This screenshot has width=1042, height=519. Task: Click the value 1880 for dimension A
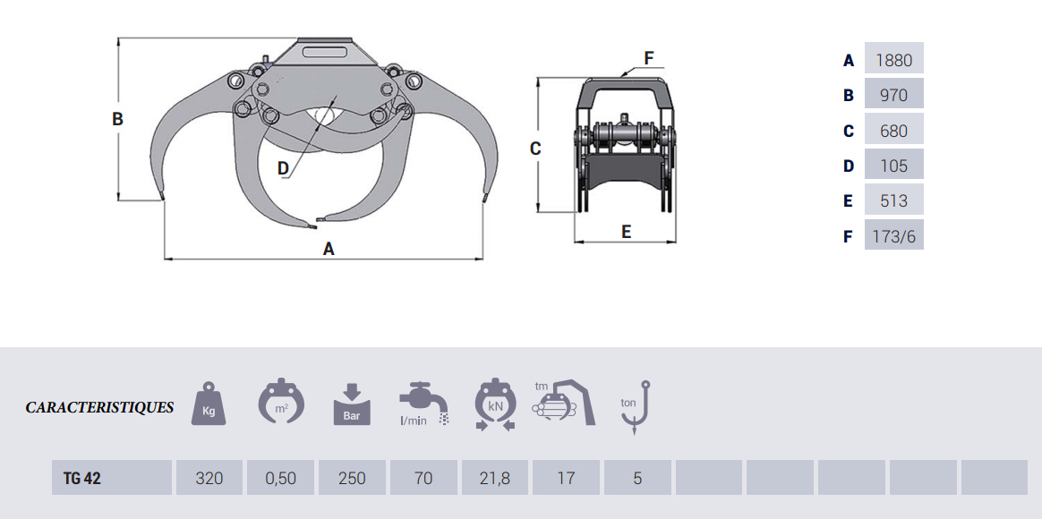click(893, 61)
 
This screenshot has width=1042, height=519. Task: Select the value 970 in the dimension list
click(893, 96)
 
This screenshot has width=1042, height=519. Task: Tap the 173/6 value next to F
click(893, 236)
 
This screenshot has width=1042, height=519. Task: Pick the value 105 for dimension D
click(893, 166)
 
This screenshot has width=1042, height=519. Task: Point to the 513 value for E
click(893, 201)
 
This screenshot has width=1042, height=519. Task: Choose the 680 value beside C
click(893, 131)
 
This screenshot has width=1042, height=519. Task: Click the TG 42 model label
click(82, 478)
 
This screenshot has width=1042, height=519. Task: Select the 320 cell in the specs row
click(209, 478)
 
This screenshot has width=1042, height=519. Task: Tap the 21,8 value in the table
click(494, 478)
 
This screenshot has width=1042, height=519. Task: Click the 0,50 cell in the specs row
click(280, 478)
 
